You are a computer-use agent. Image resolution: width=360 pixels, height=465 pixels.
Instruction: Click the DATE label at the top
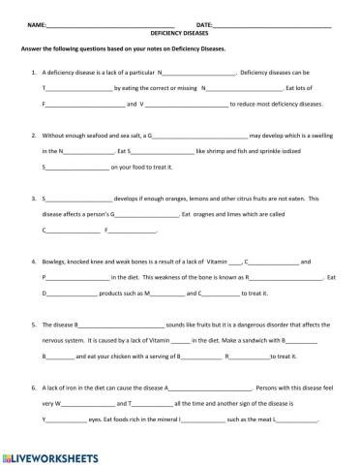tap(204, 23)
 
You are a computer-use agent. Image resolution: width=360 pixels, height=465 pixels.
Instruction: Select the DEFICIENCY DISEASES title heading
tap(180, 32)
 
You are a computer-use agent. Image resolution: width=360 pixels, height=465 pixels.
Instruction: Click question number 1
tap(35, 72)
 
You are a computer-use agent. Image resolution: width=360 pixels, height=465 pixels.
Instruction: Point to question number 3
tap(35, 198)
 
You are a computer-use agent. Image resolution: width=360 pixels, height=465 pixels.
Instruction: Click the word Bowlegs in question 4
tap(55, 262)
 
